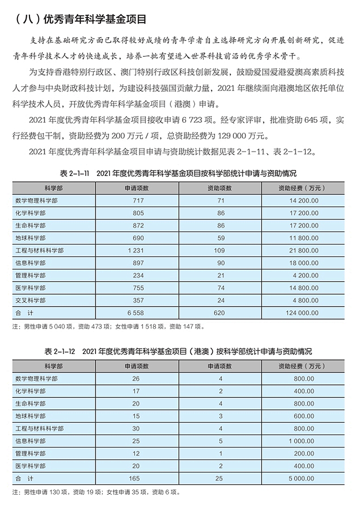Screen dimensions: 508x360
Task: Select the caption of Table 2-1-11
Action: pyautogui.click(x=178, y=173)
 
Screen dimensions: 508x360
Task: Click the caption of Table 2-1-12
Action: pyautogui.click(x=178, y=351)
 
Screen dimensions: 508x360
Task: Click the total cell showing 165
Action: pyautogui.click(x=135, y=478)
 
